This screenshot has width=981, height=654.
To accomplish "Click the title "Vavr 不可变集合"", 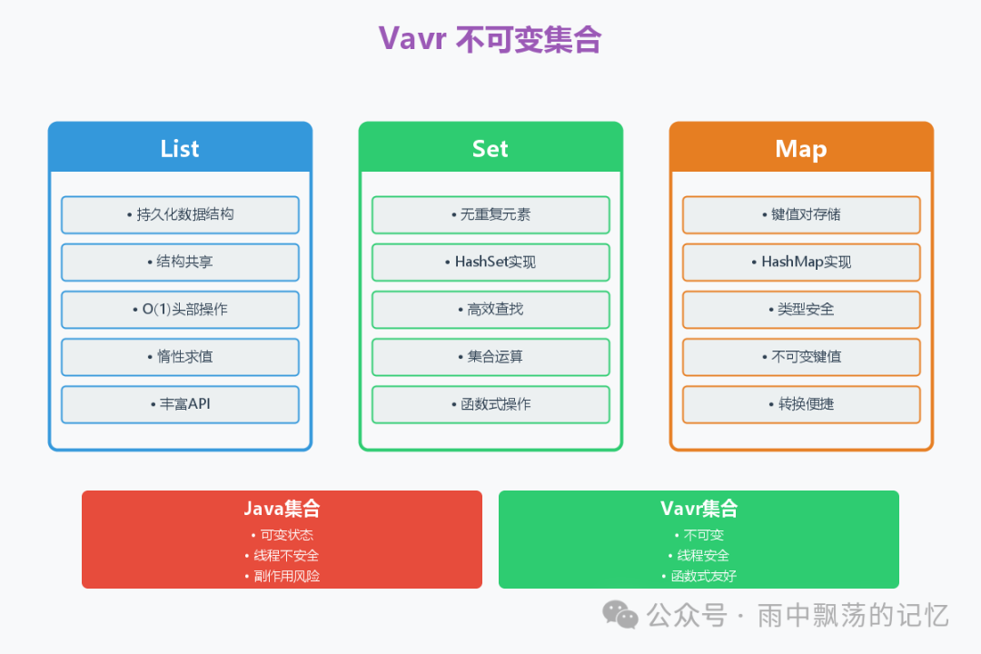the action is pyautogui.click(x=490, y=40).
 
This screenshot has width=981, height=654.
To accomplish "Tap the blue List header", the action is pyautogui.click(x=180, y=149).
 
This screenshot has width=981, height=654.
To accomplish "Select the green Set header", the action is pyautogui.click(x=490, y=149).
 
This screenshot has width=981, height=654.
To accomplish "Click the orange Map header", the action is pyautogui.click(x=801, y=149).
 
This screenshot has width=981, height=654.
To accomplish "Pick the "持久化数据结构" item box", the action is pyautogui.click(x=180, y=215).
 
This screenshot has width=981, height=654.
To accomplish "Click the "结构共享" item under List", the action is pyautogui.click(x=180, y=263).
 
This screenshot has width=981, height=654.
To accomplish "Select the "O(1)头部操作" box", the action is pyautogui.click(x=180, y=310).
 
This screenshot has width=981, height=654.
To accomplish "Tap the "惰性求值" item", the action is pyautogui.click(x=180, y=357).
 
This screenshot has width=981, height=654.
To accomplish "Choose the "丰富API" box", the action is pyautogui.click(x=180, y=404).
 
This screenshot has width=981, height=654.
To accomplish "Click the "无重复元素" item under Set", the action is pyautogui.click(x=490, y=215).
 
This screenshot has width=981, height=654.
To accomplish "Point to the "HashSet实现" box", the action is pyautogui.click(x=490, y=263).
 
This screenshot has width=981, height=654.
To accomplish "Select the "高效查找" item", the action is pyautogui.click(x=490, y=310).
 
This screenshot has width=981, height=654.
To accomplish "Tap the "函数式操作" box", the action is pyautogui.click(x=490, y=404).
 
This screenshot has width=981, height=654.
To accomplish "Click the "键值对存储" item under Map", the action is pyautogui.click(x=801, y=215).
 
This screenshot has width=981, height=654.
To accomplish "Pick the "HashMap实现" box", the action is pyautogui.click(x=801, y=263).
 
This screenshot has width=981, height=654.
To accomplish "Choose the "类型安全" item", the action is pyautogui.click(x=801, y=310).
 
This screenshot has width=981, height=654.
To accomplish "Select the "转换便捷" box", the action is pyautogui.click(x=801, y=404).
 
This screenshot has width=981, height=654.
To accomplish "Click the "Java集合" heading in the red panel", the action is pyautogui.click(x=282, y=510).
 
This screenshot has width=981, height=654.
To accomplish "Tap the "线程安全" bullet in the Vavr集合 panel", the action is pyautogui.click(x=699, y=555).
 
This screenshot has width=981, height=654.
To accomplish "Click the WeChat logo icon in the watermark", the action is pyautogui.click(x=621, y=615).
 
